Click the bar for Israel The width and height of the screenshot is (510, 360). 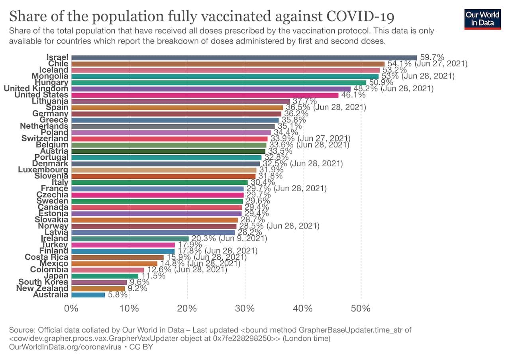(244, 57)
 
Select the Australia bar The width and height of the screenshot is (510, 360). (88, 295)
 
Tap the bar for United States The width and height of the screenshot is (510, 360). (205, 95)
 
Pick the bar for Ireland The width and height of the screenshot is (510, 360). (130, 239)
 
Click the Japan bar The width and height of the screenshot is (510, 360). (105, 276)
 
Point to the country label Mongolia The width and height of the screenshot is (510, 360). (50, 76)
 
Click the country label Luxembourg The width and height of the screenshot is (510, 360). (43, 170)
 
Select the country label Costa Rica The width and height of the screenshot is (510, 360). (46, 257)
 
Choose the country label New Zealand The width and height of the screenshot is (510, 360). (42, 288)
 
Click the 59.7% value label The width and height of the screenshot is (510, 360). (432, 57)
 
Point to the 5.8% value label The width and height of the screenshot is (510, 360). (118, 295)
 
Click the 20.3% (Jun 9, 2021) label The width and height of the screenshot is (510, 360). (229, 239)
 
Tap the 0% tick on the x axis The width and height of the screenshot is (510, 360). (71, 309)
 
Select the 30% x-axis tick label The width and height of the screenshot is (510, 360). (245, 309)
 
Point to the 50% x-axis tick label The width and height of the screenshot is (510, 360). (361, 309)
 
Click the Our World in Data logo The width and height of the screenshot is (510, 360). (482, 19)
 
